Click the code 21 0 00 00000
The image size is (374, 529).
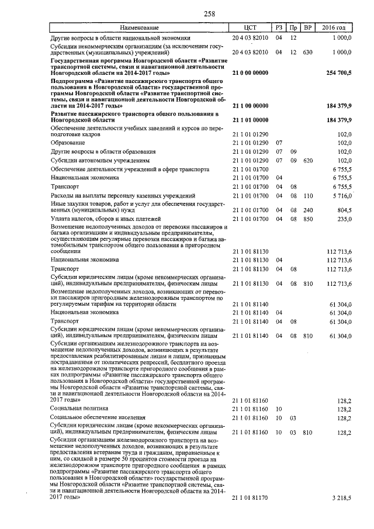pyautogui.click(x=250, y=72)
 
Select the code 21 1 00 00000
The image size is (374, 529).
pyautogui.click(x=250, y=106)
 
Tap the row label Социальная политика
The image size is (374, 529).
pyautogui.click(x=79, y=409)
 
